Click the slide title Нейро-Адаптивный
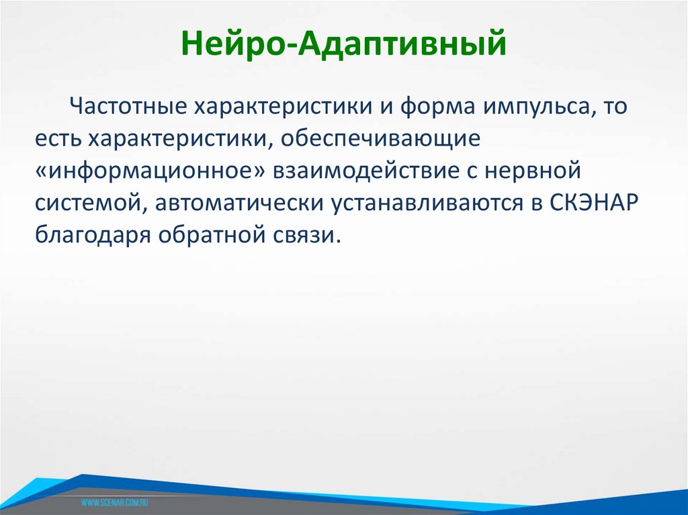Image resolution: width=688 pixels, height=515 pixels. pos(343,45)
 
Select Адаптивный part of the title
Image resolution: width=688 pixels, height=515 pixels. pos(402,45)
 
